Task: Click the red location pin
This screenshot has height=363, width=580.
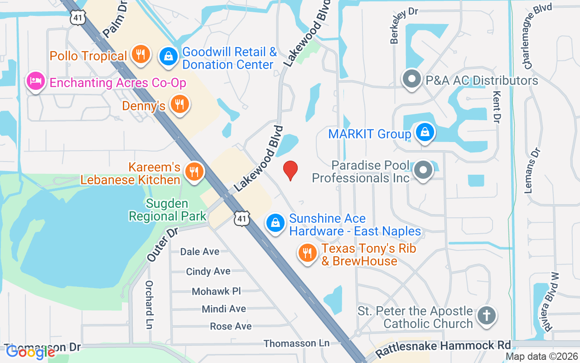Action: pyautogui.click(x=290, y=171)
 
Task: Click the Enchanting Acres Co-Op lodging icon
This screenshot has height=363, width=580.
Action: pyautogui.click(x=35, y=82)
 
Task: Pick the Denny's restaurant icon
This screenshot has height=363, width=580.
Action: pyautogui.click(x=180, y=105)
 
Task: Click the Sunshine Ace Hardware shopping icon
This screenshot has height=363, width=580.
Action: pyautogui.click(x=275, y=223)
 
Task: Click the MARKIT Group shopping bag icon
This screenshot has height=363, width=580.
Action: pyautogui.click(x=425, y=132)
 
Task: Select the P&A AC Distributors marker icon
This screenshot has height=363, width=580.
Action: pyautogui.click(x=412, y=80)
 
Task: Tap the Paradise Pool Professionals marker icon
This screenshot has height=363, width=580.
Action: pyautogui.click(x=424, y=171)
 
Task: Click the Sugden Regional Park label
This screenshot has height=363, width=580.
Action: pyautogui.click(x=168, y=210)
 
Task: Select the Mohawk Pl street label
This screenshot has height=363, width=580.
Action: pyautogui.click(x=216, y=291)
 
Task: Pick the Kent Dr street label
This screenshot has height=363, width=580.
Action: pyautogui.click(x=497, y=107)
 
